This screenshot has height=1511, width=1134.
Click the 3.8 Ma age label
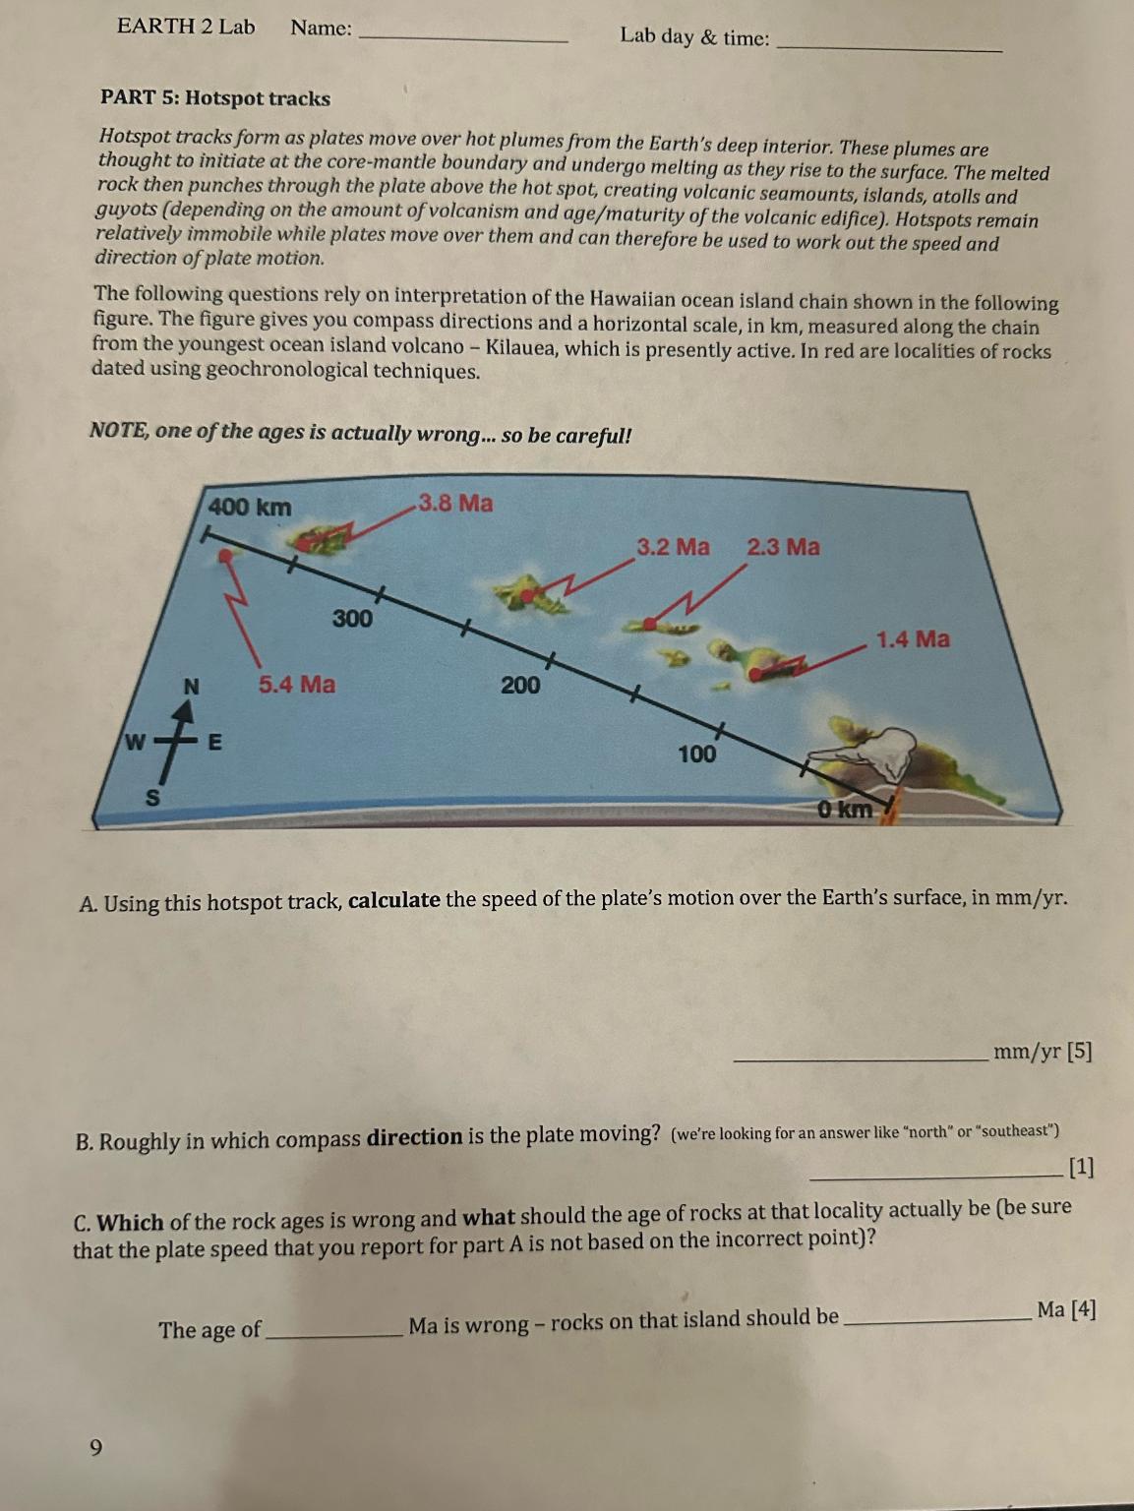pyautogui.click(x=455, y=504)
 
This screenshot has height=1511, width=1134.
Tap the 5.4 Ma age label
pyautogui.click(x=296, y=684)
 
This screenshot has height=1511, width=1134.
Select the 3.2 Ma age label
pyautogui.click(x=673, y=547)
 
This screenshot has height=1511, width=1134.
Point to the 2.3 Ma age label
pyautogui.click(x=783, y=547)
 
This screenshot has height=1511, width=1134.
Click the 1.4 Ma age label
pyautogui.click(x=913, y=639)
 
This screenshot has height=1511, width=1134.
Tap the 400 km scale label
pyautogui.click(x=250, y=508)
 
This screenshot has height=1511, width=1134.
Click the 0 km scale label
pyautogui.click(x=845, y=810)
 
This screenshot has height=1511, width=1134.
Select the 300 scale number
pyautogui.click(x=352, y=619)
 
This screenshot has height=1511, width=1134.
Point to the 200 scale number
pyautogui.click(x=519, y=685)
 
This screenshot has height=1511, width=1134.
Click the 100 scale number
pyautogui.click(x=696, y=755)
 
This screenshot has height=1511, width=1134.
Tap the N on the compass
pyautogui.click(x=191, y=687)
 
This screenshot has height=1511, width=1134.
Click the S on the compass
pyautogui.click(x=153, y=798)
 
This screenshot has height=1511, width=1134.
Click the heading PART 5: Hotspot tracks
pyautogui.click(x=215, y=98)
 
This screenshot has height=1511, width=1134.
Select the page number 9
pyautogui.click(x=95, y=1447)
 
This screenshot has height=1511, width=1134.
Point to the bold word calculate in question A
pyautogui.click(x=393, y=900)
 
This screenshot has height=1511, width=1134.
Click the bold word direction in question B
pyautogui.click(x=414, y=1138)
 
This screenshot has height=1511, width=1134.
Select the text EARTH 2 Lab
pyautogui.click(x=186, y=27)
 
